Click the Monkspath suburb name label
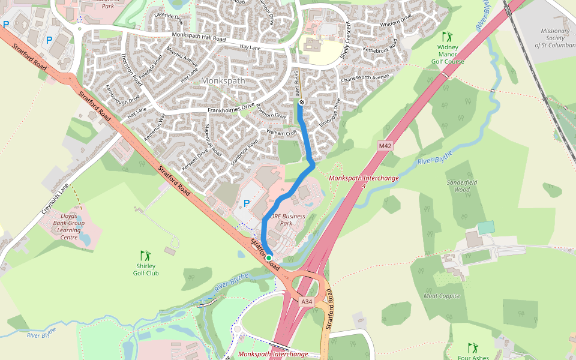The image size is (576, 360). (223, 80)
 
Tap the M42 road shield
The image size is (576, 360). (385, 146)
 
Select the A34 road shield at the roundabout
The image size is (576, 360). (307, 301)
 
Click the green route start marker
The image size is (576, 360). (269, 258)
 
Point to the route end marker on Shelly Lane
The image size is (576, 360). (301, 102)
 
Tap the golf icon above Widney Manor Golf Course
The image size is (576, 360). (446, 37)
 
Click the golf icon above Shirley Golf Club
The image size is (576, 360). (145, 255)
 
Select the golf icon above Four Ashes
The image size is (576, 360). (472, 347)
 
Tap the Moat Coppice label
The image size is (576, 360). (442, 296)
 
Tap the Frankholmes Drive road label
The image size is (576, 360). (231, 109)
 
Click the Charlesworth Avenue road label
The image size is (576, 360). (365, 78)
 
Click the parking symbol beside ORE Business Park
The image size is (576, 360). (246, 204)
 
